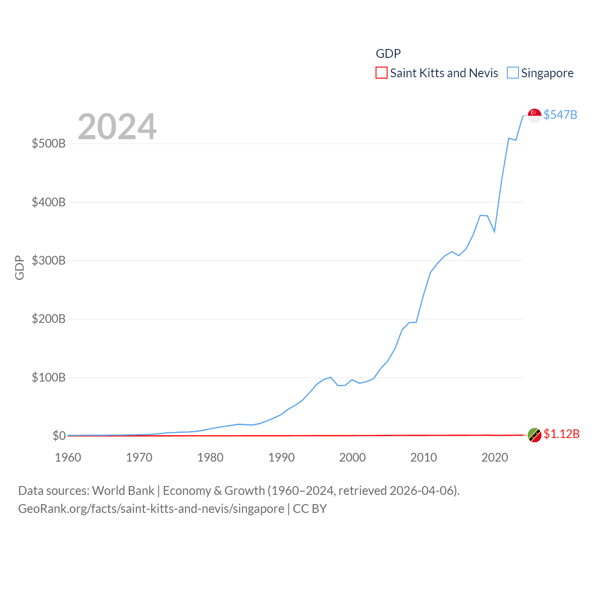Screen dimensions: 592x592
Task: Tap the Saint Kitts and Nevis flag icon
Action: click(534, 435)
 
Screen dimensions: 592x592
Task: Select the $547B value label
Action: click(560, 115)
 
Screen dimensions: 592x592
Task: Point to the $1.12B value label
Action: click(561, 434)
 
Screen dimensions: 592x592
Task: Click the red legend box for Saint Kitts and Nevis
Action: click(382, 73)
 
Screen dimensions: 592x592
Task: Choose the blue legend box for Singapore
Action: click(513, 73)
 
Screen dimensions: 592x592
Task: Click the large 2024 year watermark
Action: click(117, 127)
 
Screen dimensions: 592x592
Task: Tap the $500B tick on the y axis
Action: click(49, 143)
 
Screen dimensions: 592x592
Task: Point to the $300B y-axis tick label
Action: click(49, 260)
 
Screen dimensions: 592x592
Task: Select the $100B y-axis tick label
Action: click(49, 377)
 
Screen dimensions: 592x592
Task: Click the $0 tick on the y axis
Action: click(59, 436)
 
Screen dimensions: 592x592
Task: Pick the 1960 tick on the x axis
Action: click(68, 457)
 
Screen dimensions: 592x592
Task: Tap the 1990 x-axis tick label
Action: click(281, 457)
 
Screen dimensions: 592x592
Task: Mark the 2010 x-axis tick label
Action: click(424, 457)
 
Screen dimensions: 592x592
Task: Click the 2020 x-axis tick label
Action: click(495, 457)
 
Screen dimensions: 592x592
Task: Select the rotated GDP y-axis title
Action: click(19, 267)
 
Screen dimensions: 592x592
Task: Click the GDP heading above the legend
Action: click(388, 54)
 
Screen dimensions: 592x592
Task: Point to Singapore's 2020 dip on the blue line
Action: click(494, 231)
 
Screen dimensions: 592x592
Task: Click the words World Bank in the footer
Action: click(123, 490)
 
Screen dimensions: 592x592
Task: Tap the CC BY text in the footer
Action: click(310, 509)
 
